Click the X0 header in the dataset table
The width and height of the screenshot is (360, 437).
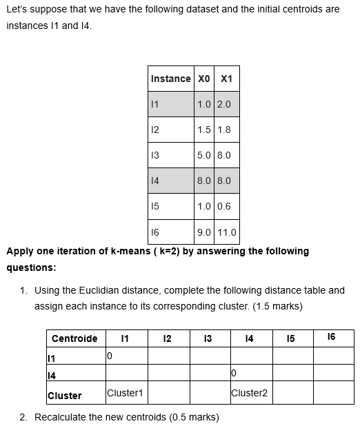pyautogui.click(x=203, y=79)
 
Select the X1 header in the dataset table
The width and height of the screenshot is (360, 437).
pyautogui.click(x=226, y=79)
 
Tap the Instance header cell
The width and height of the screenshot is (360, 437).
pyautogui.click(x=170, y=79)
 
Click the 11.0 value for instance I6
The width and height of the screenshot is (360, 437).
pyautogui.click(x=226, y=232)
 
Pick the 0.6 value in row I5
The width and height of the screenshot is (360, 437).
pyautogui.click(x=223, y=206)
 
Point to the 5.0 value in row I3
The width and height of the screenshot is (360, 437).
pyautogui.click(x=203, y=155)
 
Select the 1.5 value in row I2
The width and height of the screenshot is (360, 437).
pyautogui.click(x=203, y=130)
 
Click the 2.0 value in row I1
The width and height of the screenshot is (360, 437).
pyautogui.click(x=223, y=104)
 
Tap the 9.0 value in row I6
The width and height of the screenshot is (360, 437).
pyautogui.click(x=203, y=232)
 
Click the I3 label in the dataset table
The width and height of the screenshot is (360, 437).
pyautogui.click(x=154, y=155)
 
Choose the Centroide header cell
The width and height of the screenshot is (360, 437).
pyautogui.click(x=74, y=338)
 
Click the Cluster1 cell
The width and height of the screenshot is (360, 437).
pyautogui.click(x=125, y=393)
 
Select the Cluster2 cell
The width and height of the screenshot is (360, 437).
pyautogui.click(x=250, y=393)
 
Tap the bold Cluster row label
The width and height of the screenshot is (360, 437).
pyautogui.click(x=65, y=396)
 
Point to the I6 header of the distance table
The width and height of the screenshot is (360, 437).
pyautogui.click(x=332, y=336)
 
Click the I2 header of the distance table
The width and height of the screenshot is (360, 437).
pyautogui.click(x=166, y=338)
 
